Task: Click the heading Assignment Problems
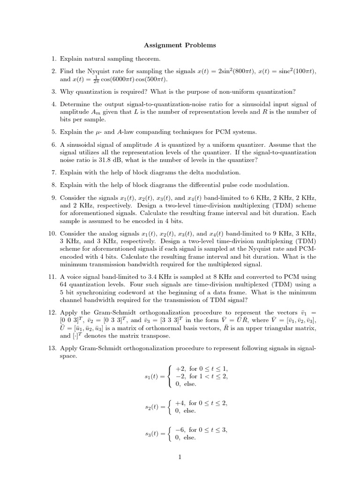(x=180, y=45)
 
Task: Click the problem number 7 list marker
(x=54, y=172)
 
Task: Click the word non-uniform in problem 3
(x=243, y=91)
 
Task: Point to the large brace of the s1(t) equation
(x=170, y=376)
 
